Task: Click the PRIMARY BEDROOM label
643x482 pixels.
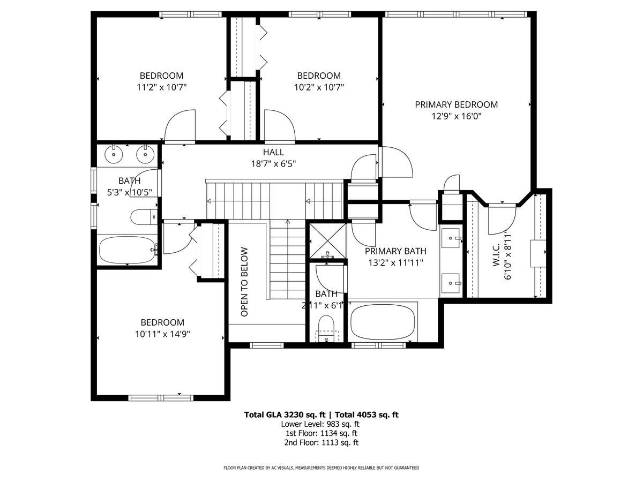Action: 456,104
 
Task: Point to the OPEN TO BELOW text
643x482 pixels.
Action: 244,282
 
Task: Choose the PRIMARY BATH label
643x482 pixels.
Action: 395,251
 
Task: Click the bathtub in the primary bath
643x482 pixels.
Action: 383,321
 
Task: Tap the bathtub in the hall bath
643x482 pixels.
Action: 128,250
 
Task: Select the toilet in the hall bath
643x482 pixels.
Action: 143,217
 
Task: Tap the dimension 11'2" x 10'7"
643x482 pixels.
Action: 161,87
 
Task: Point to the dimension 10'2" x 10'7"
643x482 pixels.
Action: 319,87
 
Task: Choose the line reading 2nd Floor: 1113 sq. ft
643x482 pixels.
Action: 322,442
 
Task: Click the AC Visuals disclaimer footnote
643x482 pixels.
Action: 322,468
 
